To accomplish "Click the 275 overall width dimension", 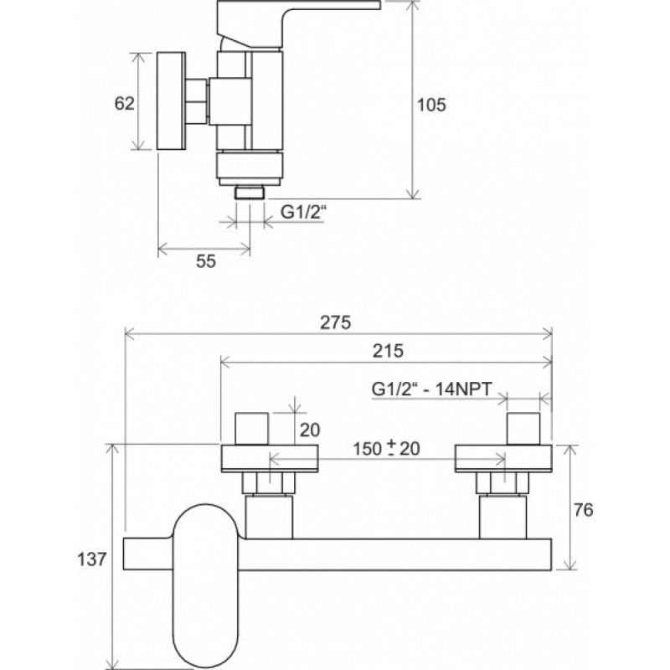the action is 336,322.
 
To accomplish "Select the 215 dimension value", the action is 388,351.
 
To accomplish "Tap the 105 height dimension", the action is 431,105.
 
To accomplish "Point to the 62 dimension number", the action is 124,103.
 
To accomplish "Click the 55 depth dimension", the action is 206,261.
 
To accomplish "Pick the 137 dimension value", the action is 91,559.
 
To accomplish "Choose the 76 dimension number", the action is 583,510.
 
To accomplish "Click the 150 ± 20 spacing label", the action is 386,449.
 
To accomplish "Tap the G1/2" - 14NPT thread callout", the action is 432,389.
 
